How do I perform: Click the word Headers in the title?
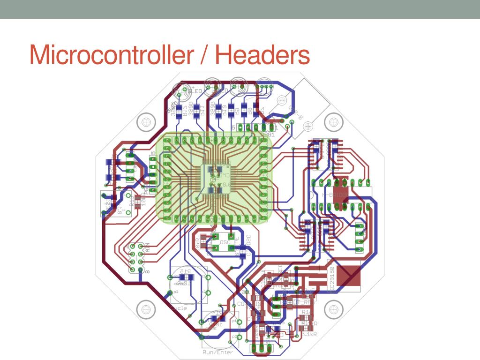[262, 55]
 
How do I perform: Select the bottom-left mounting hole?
[146, 309]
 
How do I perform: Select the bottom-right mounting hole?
[332, 309]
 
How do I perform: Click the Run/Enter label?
[217, 352]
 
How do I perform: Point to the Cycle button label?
[178, 308]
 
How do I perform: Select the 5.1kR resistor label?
[308, 334]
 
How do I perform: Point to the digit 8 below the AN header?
[147, 271]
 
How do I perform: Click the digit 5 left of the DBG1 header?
[233, 127]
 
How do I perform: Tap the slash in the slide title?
[203, 55]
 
